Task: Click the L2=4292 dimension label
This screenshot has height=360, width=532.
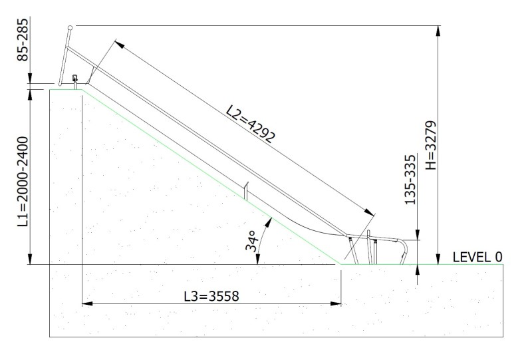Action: (251, 124)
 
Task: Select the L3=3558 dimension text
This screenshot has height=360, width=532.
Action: (211, 296)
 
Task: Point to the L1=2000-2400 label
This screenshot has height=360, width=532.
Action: (23, 182)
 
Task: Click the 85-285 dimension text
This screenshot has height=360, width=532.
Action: (23, 40)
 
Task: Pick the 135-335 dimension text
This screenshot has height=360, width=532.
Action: (410, 180)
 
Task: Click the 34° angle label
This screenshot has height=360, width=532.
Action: (251, 241)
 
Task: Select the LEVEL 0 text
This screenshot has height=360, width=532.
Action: (477, 257)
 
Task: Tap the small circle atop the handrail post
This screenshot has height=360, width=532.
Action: (70, 27)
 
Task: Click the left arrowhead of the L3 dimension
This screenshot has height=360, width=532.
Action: (87, 303)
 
